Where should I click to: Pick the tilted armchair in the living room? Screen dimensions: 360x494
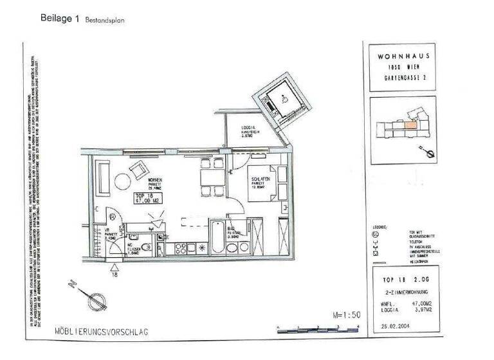138,170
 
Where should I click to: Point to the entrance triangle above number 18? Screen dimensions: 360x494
115,267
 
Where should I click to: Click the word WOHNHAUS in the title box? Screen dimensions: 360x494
403,56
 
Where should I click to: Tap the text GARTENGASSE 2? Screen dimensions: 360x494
403,76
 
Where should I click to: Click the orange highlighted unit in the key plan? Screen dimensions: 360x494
408,126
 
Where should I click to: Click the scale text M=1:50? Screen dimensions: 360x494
343,316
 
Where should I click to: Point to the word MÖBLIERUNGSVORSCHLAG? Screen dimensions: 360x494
102,332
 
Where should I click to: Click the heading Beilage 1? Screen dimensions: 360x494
60,19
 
